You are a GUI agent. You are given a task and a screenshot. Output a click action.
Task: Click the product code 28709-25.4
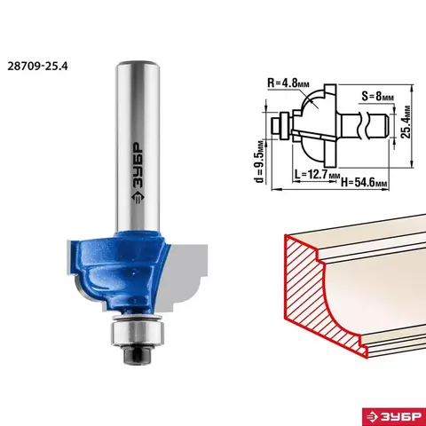(37, 66)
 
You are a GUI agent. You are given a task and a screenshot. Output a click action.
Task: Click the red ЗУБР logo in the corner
(394, 416)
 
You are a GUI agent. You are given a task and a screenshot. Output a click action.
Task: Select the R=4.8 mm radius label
(288, 83)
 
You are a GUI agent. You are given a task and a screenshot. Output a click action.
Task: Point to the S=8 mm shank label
(378, 96)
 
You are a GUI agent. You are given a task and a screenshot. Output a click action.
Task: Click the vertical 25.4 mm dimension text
(406, 122)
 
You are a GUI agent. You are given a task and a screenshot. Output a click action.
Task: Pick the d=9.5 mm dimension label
(259, 162)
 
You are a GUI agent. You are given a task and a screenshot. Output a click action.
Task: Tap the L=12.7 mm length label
(317, 174)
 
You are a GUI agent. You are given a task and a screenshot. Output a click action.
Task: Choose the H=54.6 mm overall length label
(364, 182)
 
